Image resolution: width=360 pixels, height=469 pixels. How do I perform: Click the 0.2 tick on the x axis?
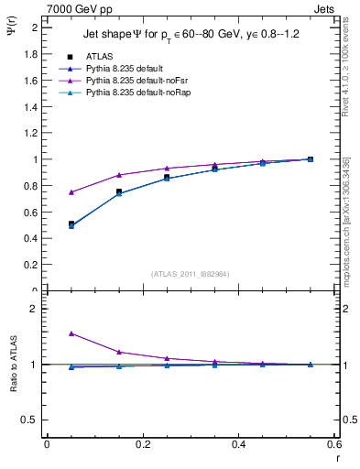[x=142, y=444]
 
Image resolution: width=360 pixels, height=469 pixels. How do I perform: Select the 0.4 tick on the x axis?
[x=238, y=444]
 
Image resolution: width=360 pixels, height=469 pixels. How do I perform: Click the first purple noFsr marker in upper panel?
[x=71, y=192]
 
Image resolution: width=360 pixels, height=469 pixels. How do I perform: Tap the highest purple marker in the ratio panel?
[x=71, y=333]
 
